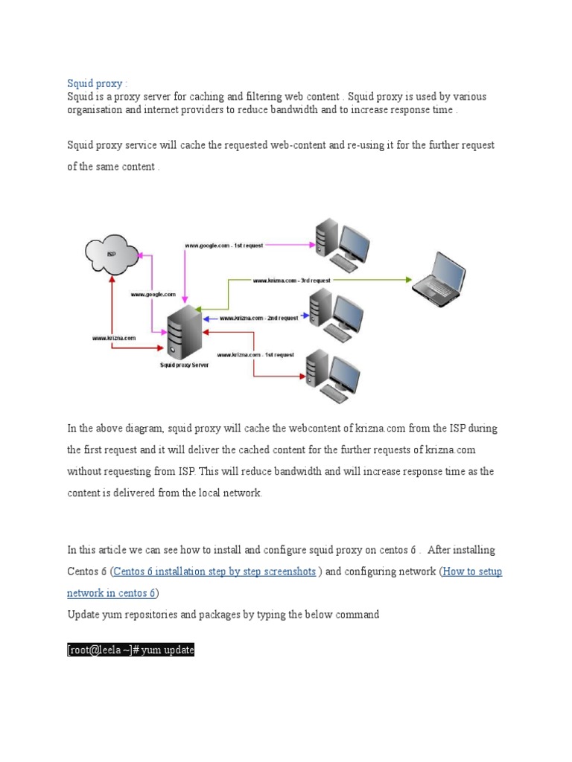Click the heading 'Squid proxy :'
click(x=97, y=83)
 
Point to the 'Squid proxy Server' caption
click(x=185, y=365)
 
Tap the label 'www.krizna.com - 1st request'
click(x=255, y=355)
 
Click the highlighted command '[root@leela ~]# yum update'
click(x=131, y=650)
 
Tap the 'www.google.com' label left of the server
click(x=153, y=295)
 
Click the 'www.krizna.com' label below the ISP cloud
click(x=113, y=337)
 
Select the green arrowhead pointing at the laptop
click(x=408, y=280)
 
